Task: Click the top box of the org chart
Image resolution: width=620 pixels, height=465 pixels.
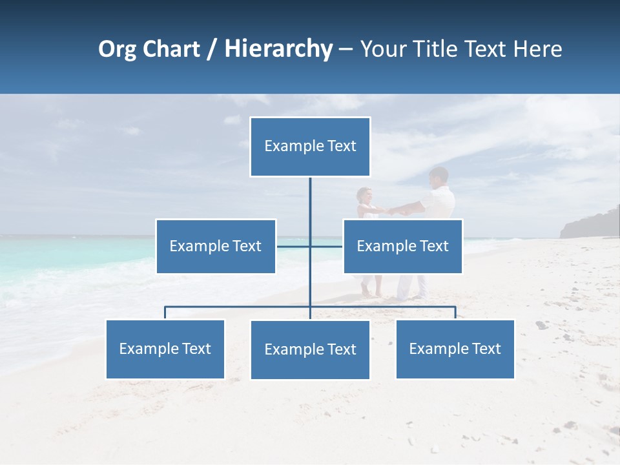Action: tap(310, 147)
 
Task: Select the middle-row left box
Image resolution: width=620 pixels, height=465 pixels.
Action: tap(216, 246)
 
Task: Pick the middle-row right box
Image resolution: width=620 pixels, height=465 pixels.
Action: tap(402, 246)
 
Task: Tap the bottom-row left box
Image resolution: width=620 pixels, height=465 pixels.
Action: tap(165, 349)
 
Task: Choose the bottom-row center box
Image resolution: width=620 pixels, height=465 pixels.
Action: tap(310, 350)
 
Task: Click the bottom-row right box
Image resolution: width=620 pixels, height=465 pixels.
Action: tap(455, 349)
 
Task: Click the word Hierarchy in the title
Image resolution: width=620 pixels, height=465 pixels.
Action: tap(278, 49)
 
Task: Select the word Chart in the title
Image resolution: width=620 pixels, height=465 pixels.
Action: tap(172, 49)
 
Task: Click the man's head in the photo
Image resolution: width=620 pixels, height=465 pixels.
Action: tap(439, 176)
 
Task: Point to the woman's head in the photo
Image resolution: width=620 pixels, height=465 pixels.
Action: tap(365, 194)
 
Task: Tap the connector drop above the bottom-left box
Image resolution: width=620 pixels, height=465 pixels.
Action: tap(165, 313)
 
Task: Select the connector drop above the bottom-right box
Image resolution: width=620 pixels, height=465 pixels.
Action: tap(455, 313)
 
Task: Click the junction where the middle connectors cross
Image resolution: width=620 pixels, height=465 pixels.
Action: tap(310, 246)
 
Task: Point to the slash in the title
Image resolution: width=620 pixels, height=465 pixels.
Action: tap(211, 49)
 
